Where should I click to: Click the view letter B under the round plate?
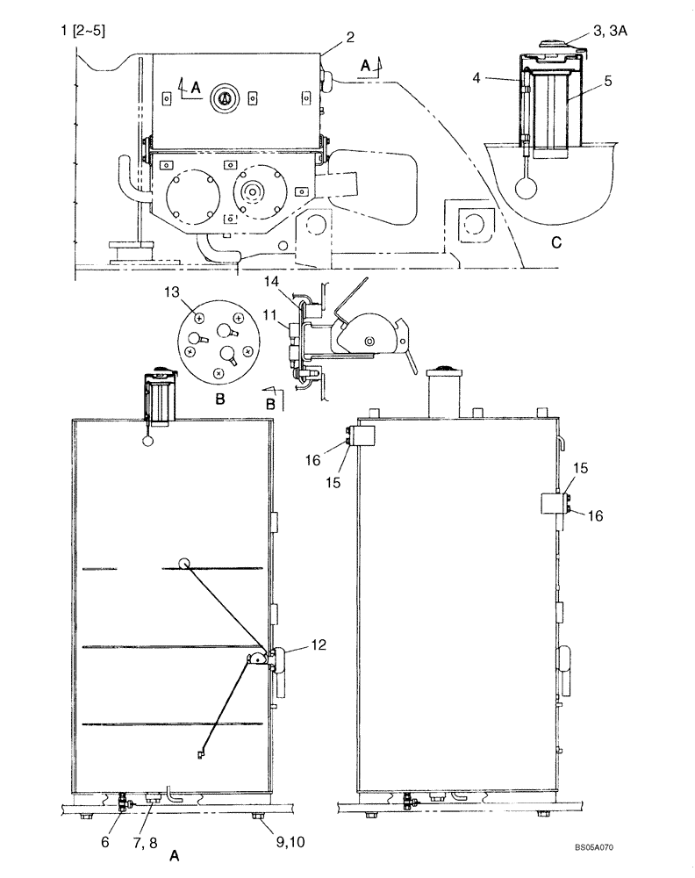point(220,399)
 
